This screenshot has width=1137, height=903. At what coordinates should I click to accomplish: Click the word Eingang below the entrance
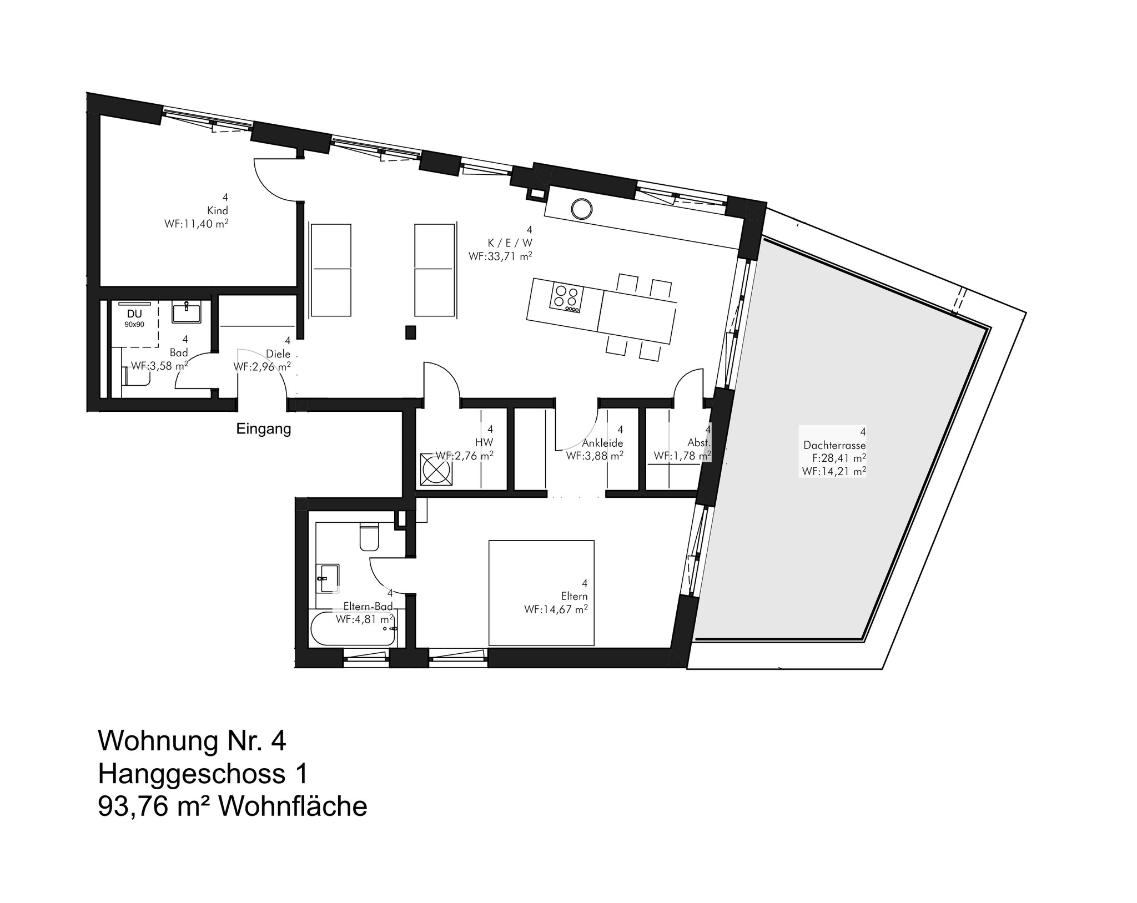tap(264, 429)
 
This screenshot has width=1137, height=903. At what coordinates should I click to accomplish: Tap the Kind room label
tap(218, 211)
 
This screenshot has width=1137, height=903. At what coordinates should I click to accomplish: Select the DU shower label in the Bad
tap(134, 314)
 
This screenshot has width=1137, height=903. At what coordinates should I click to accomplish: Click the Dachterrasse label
tap(834, 445)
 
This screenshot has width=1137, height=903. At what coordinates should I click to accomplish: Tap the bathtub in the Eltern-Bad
tap(353, 628)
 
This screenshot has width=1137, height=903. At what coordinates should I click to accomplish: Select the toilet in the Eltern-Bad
tap(369, 536)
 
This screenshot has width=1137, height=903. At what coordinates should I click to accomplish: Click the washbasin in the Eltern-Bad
tap(328, 578)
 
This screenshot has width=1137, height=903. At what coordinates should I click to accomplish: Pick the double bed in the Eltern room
tap(541, 592)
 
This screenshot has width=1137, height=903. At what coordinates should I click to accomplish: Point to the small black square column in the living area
tap(411, 332)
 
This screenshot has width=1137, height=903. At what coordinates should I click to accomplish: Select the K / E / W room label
tap(510, 243)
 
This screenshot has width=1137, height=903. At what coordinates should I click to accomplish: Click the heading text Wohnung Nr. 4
tap(192, 741)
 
